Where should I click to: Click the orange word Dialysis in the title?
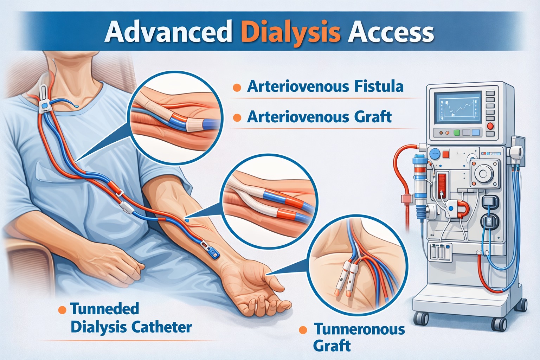point(291,33)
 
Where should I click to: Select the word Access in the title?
point(391,32)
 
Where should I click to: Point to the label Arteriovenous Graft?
point(319,117)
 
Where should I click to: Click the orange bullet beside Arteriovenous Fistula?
point(237,88)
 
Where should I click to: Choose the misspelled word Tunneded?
point(105,309)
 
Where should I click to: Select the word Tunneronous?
point(359,329)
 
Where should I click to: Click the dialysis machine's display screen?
point(457,108)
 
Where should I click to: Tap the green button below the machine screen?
point(457,133)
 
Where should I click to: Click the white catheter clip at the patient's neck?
point(44,99)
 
